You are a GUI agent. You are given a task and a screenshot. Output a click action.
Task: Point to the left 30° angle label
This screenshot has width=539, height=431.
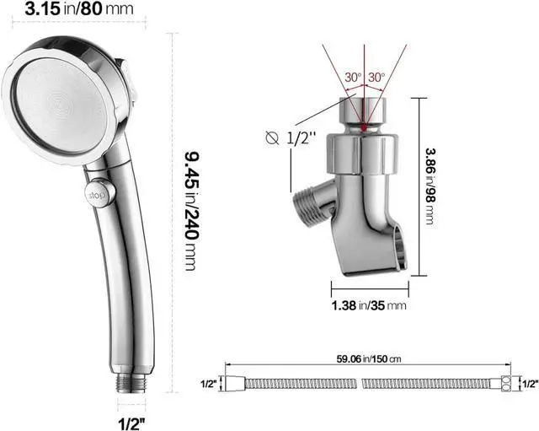(x=352, y=77)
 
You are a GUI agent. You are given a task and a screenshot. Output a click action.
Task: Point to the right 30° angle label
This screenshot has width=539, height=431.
(x=376, y=77)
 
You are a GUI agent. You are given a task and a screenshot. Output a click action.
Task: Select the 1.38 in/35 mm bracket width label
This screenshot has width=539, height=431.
(x=367, y=305)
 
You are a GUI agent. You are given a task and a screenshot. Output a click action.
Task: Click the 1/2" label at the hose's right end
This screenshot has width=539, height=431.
(x=529, y=384)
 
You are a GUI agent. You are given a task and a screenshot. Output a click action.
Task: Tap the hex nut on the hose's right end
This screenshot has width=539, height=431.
(x=505, y=384)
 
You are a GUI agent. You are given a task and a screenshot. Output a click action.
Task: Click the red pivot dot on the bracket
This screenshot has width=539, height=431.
(x=364, y=129)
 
